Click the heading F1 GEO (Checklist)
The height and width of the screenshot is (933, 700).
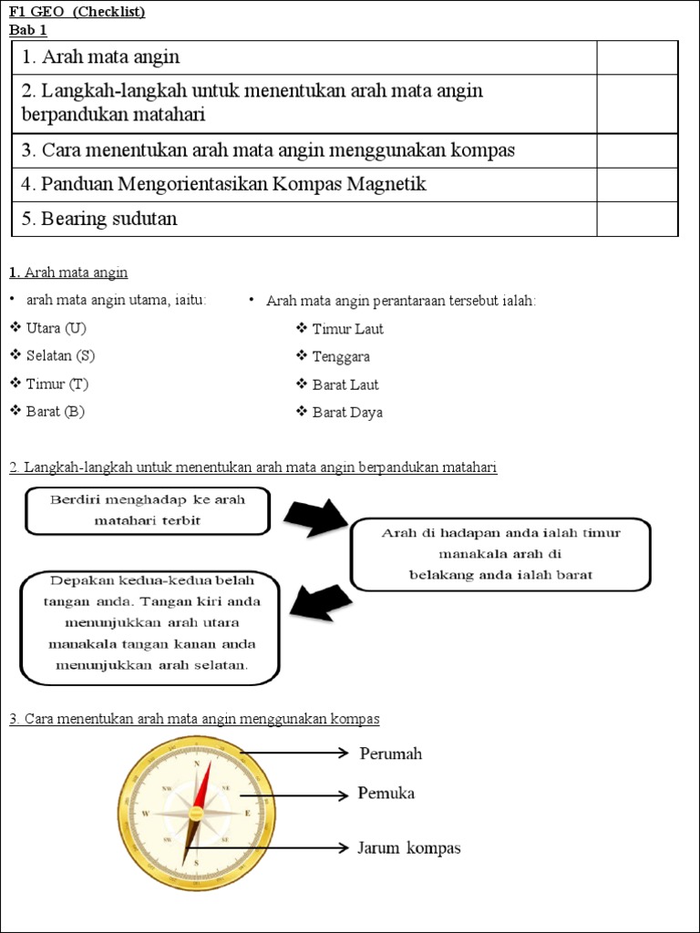pyautogui.click(x=77, y=12)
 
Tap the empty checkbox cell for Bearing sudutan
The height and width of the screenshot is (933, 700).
pyautogui.click(x=637, y=219)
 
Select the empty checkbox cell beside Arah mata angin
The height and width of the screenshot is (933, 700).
pyautogui.click(x=637, y=57)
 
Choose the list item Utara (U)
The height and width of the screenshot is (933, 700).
pyautogui.click(x=56, y=328)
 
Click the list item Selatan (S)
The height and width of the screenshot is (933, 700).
pyautogui.click(x=60, y=355)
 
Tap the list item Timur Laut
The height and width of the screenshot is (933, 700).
pyautogui.click(x=347, y=329)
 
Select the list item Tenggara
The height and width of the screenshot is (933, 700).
pyautogui.click(x=341, y=357)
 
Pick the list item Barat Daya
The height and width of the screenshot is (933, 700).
pyautogui.click(x=347, y=413)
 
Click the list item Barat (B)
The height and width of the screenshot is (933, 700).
pyautogui.click(x=56, y=412)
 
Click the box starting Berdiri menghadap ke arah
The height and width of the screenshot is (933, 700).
pyautogui.click(x=147, y=510)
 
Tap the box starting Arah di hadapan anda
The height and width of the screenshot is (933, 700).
pyautogui.click(x=500, y=554)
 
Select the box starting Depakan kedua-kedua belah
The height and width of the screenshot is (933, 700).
pyautogui.click(x=149, y=628)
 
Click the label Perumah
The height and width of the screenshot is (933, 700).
pyautogui.click(x=391, y=754)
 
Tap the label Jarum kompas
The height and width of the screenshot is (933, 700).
pyautogui.click(x=409, y=848)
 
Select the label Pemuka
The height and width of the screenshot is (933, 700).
pyautogui.click(x=387, y=794)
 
